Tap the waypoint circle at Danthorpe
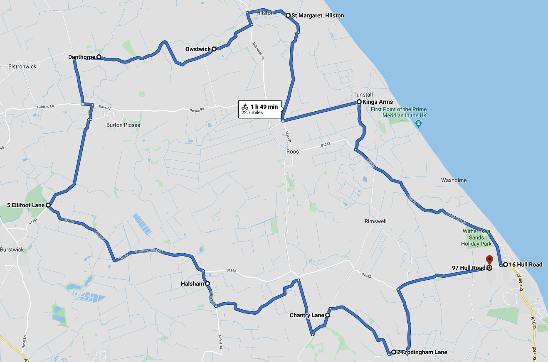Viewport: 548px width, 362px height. pyautogui.click(x=99, y=56)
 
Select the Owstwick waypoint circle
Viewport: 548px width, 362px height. pyautogui.click(x=214, y=49)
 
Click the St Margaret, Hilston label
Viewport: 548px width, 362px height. pyautogui.click(x=318, y=16)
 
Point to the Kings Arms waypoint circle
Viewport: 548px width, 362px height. pyautogui.click(x=359, y=102)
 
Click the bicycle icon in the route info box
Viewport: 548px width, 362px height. pyautogui.click(x=245, y=107)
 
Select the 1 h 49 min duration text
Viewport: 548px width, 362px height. pyautogui.click(x=264, y=107)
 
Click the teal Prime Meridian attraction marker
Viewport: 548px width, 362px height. pyautogui.click(x=419, y=124)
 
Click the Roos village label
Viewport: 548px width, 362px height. pyautogui.click(x=293, y=152)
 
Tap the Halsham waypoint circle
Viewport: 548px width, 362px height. pyautogui.click(x=207, y=284)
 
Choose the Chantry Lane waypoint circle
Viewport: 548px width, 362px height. pyautogui.click(x=328, y=316)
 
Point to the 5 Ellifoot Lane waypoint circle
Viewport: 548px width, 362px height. pyautogui.click(x=48, y=205)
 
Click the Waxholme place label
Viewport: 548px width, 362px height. pyautogui.click(x=454, y=180)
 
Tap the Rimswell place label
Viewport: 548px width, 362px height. pyautogui.click(x=375, y=221)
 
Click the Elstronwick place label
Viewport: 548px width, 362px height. pyautogui.click(x=22, y=66)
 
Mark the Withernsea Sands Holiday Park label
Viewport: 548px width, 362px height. pyautogui.click(x=476, y=237)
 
